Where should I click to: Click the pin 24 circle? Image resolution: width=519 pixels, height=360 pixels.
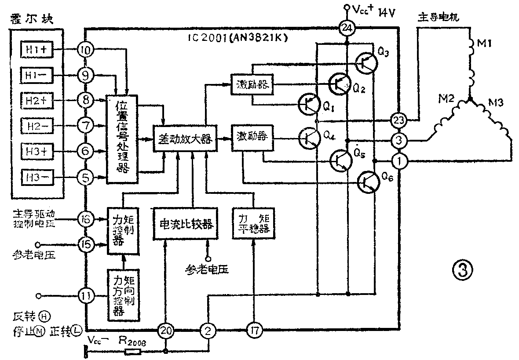point(347,29)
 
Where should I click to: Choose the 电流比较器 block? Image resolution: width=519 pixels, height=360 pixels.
point(185,224)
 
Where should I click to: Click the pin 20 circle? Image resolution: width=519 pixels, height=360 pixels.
point(166,329)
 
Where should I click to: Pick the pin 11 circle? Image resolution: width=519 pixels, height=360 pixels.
point(86,295)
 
